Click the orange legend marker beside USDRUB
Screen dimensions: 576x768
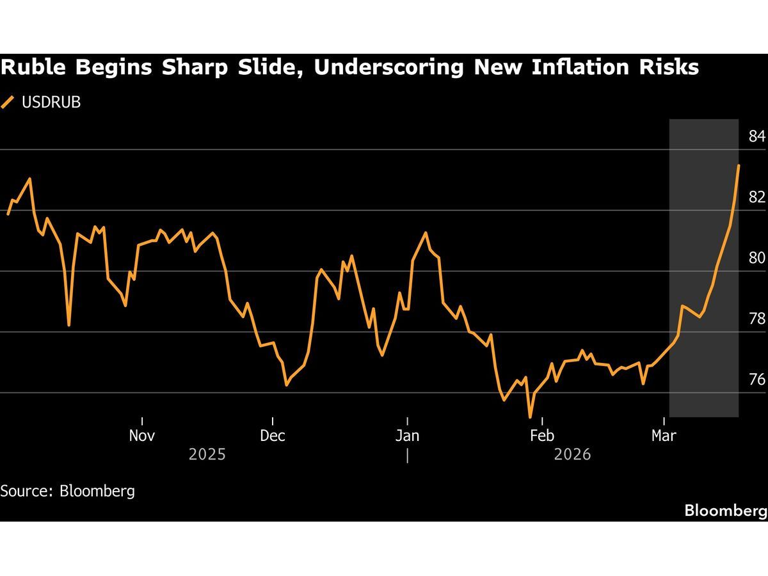point(8,102)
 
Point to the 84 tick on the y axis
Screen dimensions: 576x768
point(756,136)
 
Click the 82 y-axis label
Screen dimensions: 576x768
point(756,197)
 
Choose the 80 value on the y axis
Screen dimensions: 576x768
point(756,258)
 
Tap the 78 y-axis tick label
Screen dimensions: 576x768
point(756,319)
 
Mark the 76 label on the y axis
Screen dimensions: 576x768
point(756,380)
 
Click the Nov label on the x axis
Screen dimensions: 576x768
point(141,436)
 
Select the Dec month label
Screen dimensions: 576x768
point(273,436)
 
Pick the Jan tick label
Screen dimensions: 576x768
point(407,436)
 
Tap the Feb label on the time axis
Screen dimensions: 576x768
point(541,436)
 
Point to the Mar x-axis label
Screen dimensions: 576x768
point(664,436)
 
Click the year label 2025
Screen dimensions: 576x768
point(207,455)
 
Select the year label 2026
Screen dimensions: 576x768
point(573,455)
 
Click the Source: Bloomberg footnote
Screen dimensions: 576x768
point(67,491)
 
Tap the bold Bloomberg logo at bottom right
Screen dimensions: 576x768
point(725,510)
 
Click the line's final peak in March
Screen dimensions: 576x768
point(739,165)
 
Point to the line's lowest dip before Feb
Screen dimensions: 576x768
point(531,417)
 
